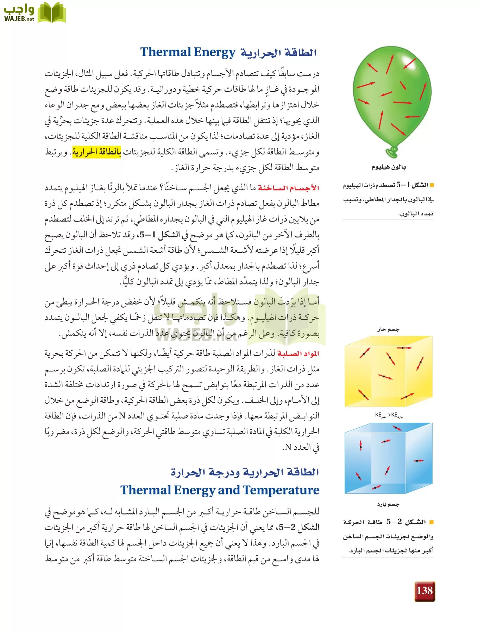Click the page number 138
pyautogui.click(x=424, y=591)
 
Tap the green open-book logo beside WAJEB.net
pyautogui.click(x=51, y=13)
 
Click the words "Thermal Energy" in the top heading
pyautogui.click(x=188, y=52)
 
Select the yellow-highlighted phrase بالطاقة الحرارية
pyautogui.click(x=97, y=152)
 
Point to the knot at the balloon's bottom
pyautogui.click(x=391, y=152)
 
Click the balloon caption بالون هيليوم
pyautogui.click(x=389, y=167)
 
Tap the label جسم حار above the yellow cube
pyautogui.click(x=388, y=330)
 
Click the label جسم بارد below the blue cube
pyautogui.click(x=388, y=504)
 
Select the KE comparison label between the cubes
pyautogui.click(x=389, y=415)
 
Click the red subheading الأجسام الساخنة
pyautogui.click(x=288, y=188)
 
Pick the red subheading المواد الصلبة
pyautogui.click(x=298, y=353)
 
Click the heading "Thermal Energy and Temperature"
pyautogui.click(x=220, y=490)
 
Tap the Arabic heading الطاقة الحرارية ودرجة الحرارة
pyautogui.click(x=245, y=472)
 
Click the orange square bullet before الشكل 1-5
pyautogui.click(x=432, y=185)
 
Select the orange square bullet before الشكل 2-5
pyautogui.click(x=432, y=522)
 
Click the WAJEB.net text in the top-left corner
pyautogui.click(x=19, y=19)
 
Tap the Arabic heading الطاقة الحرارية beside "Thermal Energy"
pyautogui.click(x=278, y=53)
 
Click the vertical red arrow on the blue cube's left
pyautogui.click(x=360, y=446)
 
